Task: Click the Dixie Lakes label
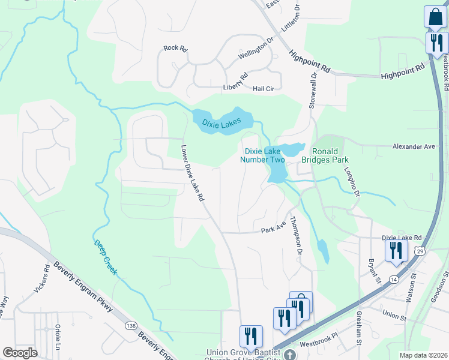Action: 221,123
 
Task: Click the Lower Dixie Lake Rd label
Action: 194,172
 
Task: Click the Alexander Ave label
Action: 413,146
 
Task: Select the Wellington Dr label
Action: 256,49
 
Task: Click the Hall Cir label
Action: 264,88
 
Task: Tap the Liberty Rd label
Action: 236,81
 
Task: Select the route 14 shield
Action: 393,280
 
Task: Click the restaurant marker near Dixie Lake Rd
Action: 396,250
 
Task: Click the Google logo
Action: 20,353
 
